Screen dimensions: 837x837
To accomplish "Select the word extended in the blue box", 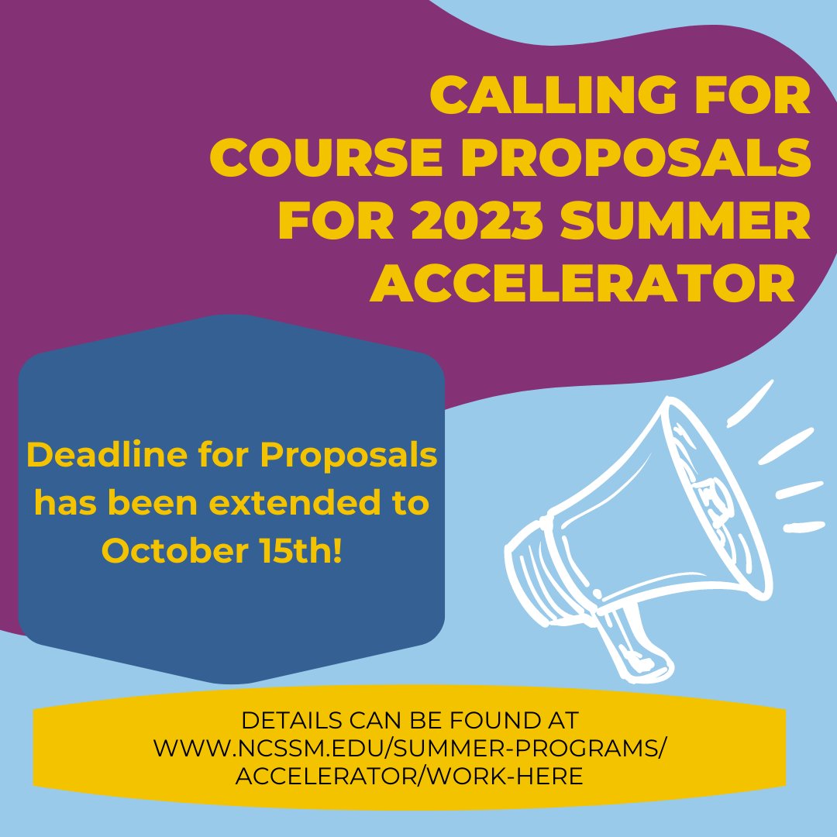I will click(279, 504).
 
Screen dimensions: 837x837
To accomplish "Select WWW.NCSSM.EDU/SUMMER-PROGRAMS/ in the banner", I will click(410, 748).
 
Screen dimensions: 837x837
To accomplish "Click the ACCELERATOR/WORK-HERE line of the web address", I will click(410, 775).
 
